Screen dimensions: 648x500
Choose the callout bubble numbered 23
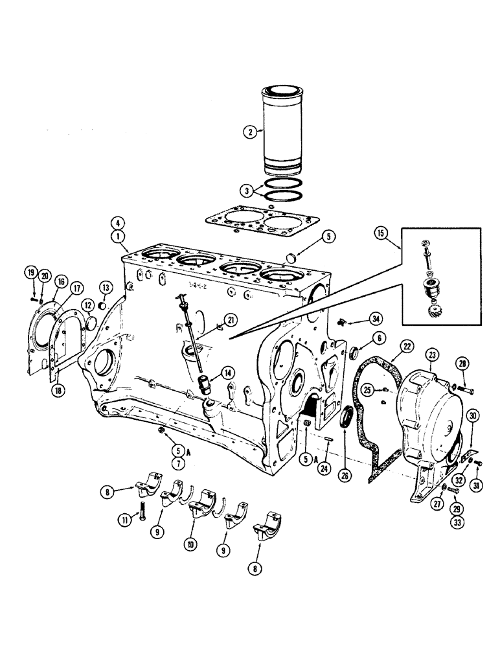[433, 354]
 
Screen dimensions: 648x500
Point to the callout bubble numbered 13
[104, 287]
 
